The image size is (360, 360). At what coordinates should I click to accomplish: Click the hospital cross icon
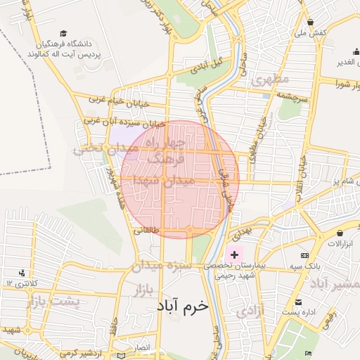234,253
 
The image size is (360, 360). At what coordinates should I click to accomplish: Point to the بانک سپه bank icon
304,255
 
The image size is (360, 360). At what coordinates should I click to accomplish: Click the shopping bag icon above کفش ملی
311,22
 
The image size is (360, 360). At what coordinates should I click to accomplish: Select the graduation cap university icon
64,34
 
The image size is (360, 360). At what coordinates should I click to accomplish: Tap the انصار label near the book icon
141,348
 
